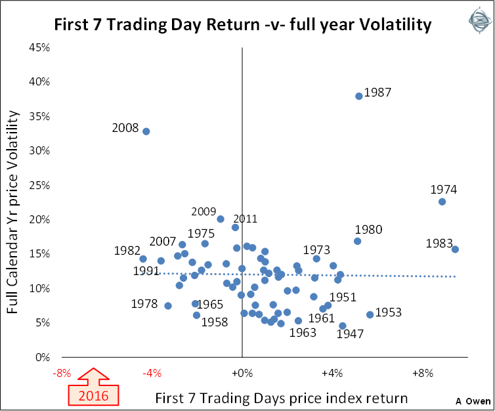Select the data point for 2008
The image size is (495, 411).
click(x=146, y=131)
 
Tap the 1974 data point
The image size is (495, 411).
click(x=442, y=202)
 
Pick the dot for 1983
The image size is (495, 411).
click(x=455, y=249)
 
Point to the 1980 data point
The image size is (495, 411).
click(x=358, y=241)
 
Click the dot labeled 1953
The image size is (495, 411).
click(x=370, y=314)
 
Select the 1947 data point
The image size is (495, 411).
click(x=343, y=326)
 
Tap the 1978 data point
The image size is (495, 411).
click(x=168, y=306)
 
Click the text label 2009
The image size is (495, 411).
click(x=204, y=211)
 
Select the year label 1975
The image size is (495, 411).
click(x=201, y=233)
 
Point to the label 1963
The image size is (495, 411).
click(x=303, y=332)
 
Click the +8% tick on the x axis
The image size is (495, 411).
click(x=422, y=374)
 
